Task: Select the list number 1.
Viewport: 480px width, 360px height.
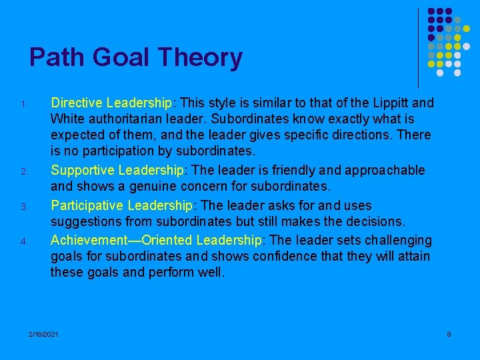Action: (23, 105)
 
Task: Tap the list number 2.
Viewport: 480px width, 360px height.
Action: (23, 173)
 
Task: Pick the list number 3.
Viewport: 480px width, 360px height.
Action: (23, 207)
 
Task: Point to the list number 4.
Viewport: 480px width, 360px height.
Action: (23, 241)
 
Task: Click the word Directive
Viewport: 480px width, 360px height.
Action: (77, 103)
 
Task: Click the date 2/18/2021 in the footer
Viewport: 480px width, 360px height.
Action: (43, 333)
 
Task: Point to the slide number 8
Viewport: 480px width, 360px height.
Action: (449, 333)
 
